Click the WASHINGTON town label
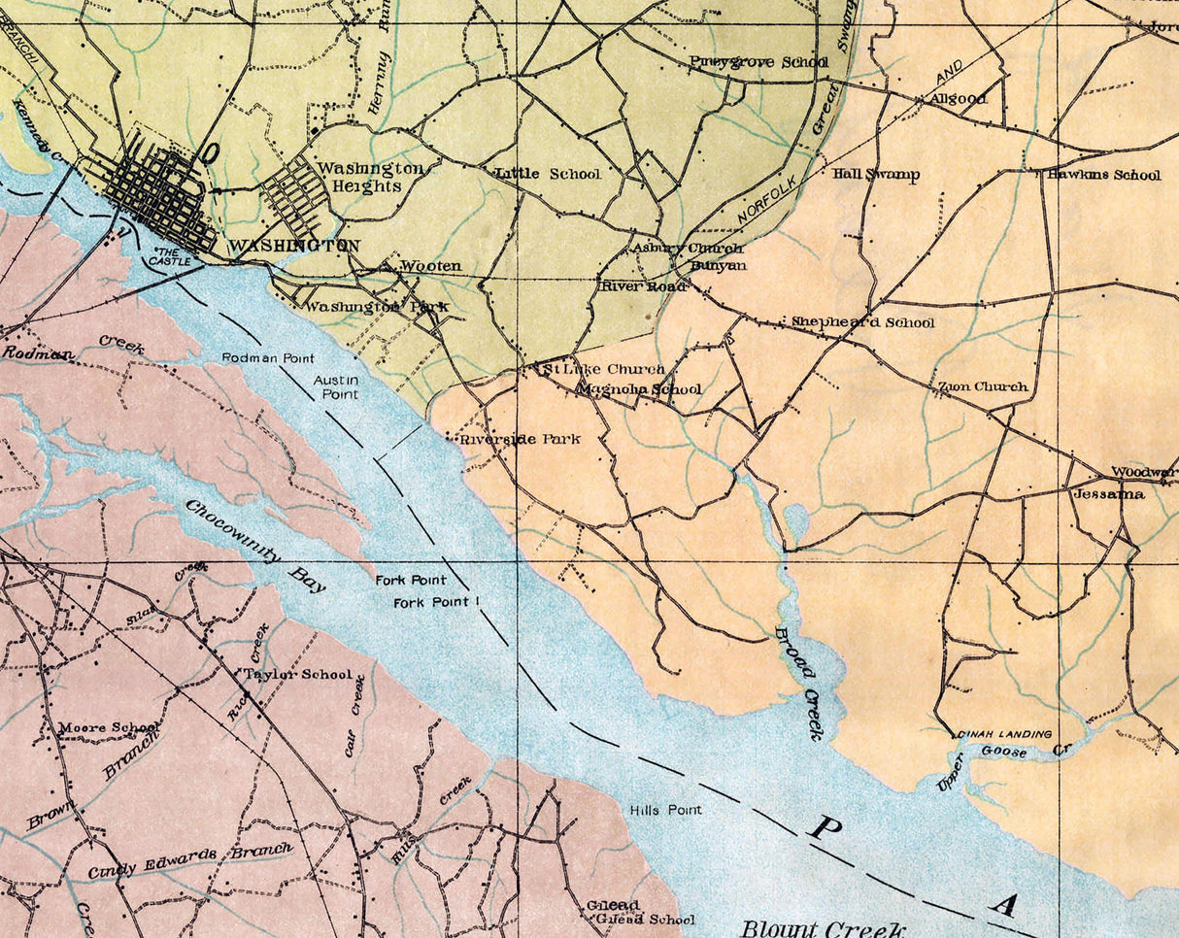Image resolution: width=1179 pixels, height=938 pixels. click(x=293, y=247)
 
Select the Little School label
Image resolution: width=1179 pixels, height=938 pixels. click(x=548, y=174)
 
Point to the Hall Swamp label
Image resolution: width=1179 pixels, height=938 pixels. click(x=876, y=175)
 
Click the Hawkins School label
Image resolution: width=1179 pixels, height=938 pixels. click(x=1102, y=175)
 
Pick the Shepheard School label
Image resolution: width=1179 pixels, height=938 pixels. click(x=862, y=322)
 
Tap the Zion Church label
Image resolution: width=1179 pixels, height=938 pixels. click(x=982, y=386)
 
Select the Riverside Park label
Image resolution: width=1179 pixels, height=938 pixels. click(x=520, y=439)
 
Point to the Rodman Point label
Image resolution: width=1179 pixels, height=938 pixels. click(x=268, y=358)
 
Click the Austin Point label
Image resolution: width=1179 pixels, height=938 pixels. click(x=336, y=386)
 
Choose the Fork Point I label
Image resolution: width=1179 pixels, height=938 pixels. click(x=437, y=603)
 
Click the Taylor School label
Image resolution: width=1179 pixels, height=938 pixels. click(x=297, y=674)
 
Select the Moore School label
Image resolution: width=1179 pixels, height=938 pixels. click(x=109, y=727)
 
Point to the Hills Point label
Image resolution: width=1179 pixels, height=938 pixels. click(x=665, y=809)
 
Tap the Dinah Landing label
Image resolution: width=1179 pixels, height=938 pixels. click(x=1003, y=733)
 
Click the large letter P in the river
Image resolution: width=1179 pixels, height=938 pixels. click(x=825, y=827)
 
